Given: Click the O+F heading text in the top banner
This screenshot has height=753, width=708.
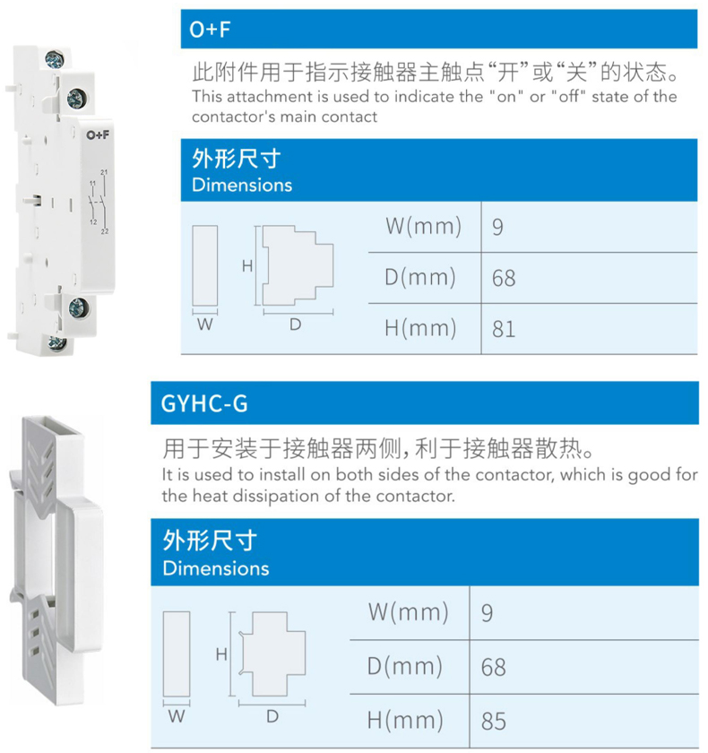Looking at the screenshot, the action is tap(210, 30).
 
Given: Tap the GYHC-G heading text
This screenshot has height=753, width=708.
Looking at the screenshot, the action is tap(204, 403).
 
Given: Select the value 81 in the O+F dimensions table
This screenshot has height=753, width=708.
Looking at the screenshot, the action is tap(504, 330).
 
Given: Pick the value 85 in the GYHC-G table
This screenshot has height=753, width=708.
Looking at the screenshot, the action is tap(494, 722).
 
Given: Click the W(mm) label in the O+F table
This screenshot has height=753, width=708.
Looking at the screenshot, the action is tap(423, 226).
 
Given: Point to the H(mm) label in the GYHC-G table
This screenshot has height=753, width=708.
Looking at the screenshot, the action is tap(405, 721).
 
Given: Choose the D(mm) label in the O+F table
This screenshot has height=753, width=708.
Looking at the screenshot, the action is tap(420, 278).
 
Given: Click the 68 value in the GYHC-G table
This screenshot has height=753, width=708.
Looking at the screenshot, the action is tap(494, 668).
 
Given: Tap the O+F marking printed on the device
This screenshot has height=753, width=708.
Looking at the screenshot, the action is tap(98, 135).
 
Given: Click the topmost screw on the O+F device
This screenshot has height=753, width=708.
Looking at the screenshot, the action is tap(55, 60).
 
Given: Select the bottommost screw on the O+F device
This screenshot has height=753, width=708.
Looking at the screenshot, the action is tap(57, 342).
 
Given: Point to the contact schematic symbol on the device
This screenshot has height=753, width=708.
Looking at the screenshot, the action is tap(99, 203).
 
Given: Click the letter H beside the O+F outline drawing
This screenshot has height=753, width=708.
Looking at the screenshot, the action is tap(247, 265).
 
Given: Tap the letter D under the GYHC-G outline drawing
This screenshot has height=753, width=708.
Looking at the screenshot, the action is tap(272, 716).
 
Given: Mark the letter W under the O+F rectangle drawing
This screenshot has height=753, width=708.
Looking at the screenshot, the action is tap(205, 325).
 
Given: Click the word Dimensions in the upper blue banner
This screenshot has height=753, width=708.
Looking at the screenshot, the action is tap(242, 186).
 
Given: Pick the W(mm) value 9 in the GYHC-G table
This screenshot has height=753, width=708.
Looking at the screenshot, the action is tap(488, 613).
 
